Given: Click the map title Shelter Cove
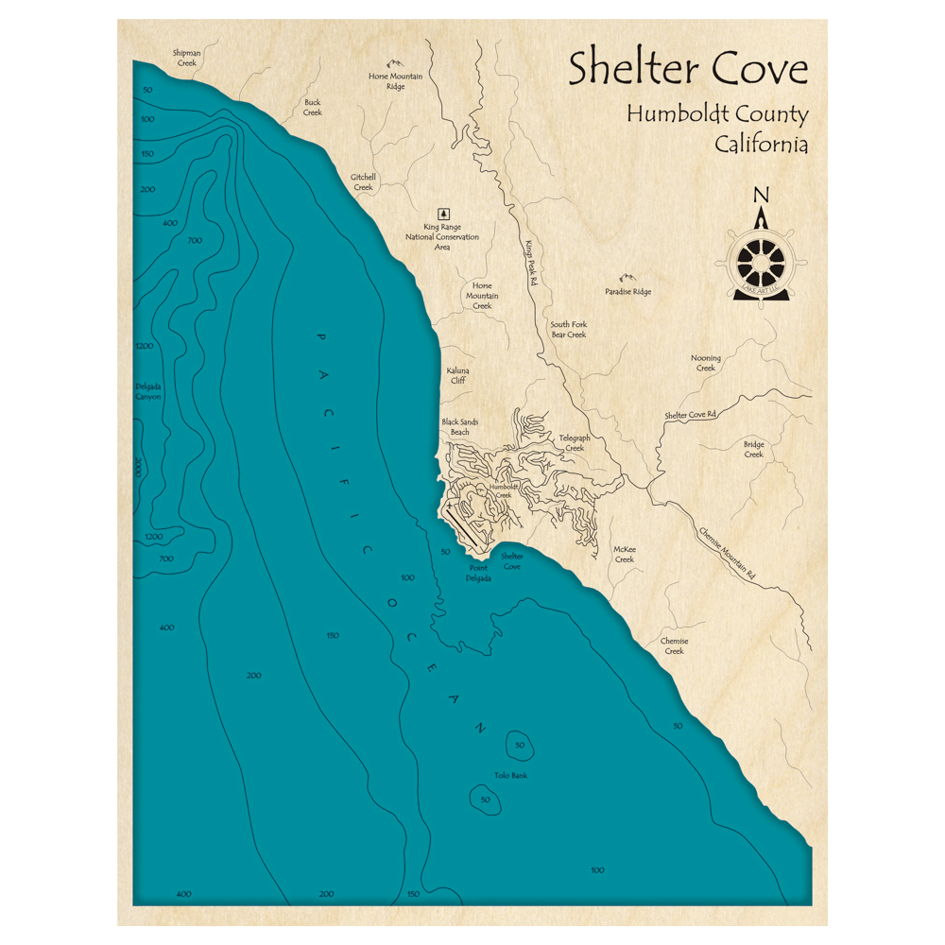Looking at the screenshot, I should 688,70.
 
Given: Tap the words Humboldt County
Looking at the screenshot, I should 716,115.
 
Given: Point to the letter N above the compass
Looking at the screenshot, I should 761,197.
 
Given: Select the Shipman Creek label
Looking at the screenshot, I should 187,58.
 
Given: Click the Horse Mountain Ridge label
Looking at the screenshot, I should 395,80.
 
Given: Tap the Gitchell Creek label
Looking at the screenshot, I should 363,181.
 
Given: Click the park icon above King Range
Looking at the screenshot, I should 442,214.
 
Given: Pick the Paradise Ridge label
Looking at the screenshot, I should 628,292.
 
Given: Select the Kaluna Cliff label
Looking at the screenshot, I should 457,376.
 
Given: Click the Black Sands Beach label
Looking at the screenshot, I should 458,427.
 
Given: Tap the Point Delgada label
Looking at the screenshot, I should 478,573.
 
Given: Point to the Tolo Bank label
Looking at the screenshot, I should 510,776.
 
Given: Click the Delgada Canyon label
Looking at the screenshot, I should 148,391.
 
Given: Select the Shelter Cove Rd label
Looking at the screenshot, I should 690,415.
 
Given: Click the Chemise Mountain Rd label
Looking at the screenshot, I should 728,553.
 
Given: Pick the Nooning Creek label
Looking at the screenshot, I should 706,363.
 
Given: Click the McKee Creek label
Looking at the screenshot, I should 625,554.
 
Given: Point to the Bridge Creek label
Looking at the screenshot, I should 753,449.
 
